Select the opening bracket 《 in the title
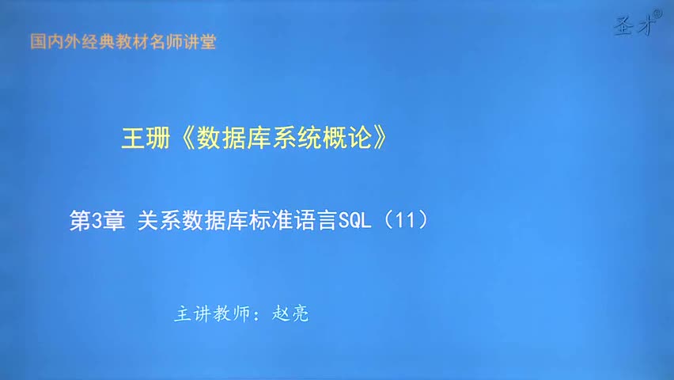[x=185, y=139]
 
